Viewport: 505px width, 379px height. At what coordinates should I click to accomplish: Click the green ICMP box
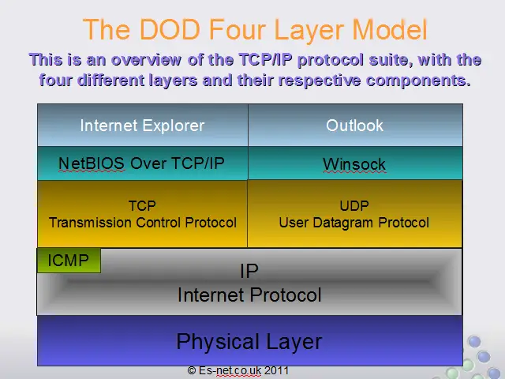[69, 261]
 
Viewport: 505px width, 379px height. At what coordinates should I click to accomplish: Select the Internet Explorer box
[143, 125]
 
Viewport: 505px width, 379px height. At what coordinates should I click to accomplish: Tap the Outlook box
[355, 125]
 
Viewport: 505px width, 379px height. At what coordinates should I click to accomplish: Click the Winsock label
[354, 164]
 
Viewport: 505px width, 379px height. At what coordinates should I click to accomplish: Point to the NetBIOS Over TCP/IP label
[141, 163]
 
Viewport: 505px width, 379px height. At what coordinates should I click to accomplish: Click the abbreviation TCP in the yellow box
[142, 205]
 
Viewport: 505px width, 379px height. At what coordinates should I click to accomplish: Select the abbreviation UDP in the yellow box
[354, 205]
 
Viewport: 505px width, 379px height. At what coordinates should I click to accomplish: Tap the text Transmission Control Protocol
[143, 223]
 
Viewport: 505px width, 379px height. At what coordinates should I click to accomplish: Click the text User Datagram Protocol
[354, 223]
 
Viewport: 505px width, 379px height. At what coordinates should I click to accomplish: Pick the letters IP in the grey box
[249, 271]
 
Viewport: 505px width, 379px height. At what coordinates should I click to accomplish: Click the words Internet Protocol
[249, 295]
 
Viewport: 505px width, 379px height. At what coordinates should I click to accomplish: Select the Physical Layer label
[249, 342]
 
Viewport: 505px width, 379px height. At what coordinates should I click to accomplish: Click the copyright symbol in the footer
[192, 370]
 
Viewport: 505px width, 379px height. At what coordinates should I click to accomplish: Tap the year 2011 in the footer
[276, 370]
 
